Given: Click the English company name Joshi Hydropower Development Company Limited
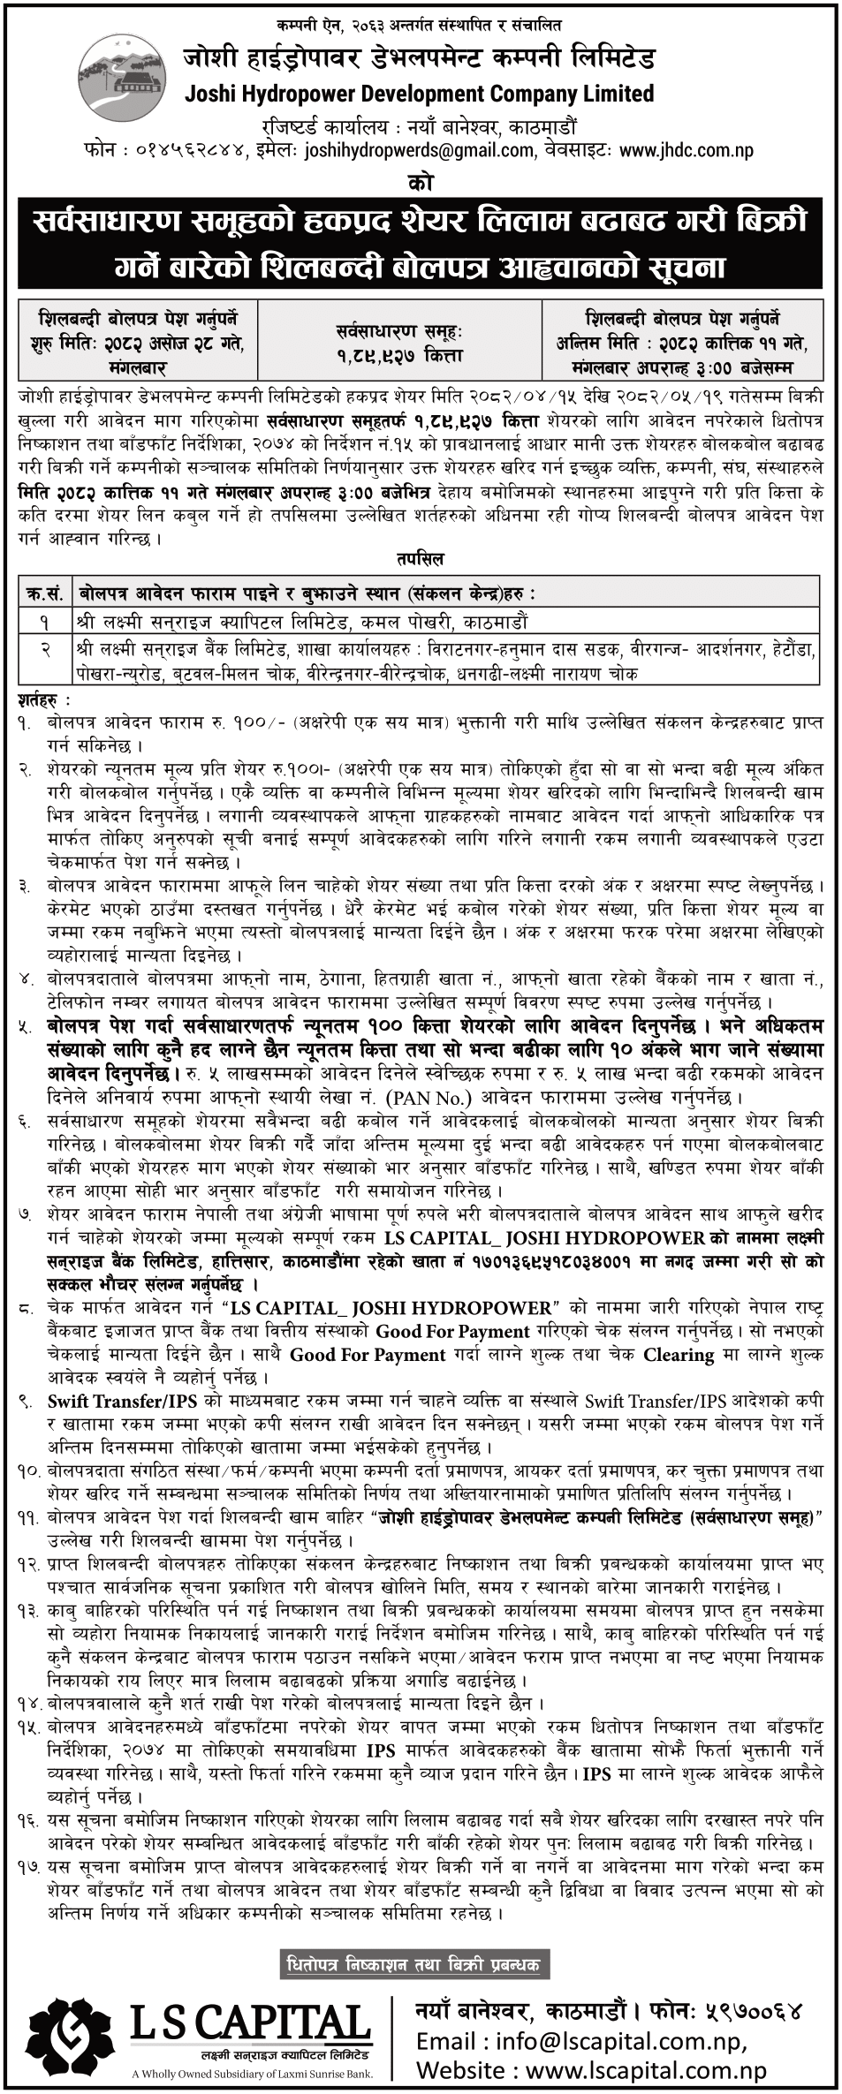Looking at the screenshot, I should [x=419, y=94].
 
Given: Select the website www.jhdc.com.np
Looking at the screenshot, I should [x=686, y=150].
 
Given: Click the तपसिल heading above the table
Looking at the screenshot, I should [x=421, y=559].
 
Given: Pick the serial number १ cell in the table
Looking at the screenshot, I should [x=45, y=621].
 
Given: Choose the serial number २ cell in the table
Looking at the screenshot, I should [x=45, y=649].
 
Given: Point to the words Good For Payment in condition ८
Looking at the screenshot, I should [x=452, y=1331].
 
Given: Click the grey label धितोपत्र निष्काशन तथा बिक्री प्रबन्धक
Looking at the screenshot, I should [x=413, y=1939].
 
